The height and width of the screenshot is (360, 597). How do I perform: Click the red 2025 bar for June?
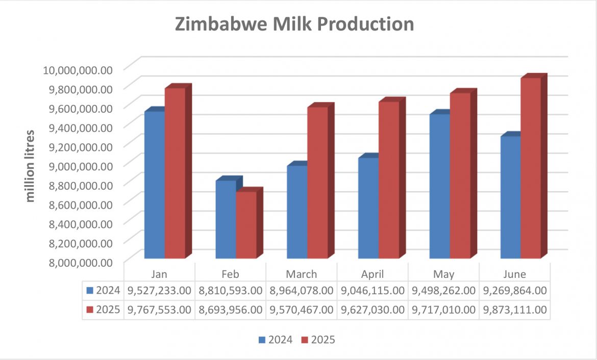point(530,168)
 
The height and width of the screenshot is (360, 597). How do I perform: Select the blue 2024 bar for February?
point(226,219)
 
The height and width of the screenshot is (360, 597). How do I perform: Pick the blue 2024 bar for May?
point(439,186)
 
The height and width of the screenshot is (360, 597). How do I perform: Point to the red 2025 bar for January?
point(175,173)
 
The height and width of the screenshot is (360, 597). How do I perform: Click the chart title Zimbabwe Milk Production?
point(294,24)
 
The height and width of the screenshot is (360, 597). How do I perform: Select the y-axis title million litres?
point(31,166)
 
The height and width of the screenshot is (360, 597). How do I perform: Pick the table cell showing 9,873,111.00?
point(515,310)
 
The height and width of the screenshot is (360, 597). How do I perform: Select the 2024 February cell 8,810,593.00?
point(229,291)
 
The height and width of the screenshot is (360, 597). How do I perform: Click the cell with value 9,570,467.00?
point(301,310)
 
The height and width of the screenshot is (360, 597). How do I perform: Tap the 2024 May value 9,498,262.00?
point(443,291)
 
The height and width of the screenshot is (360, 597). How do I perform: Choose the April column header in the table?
point(372,274)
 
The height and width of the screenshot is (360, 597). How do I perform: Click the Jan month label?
point(159,274)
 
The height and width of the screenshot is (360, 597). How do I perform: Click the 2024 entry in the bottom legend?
point(276,340)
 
